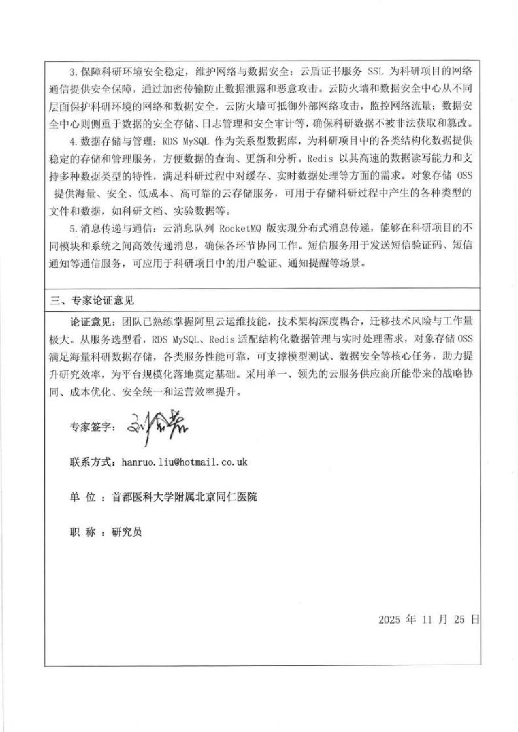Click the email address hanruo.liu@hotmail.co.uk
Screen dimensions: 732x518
coord(184,462)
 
